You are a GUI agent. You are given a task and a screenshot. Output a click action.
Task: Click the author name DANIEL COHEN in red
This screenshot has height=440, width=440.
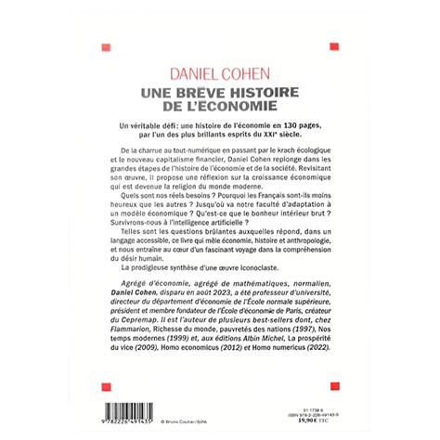pos(220,72)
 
